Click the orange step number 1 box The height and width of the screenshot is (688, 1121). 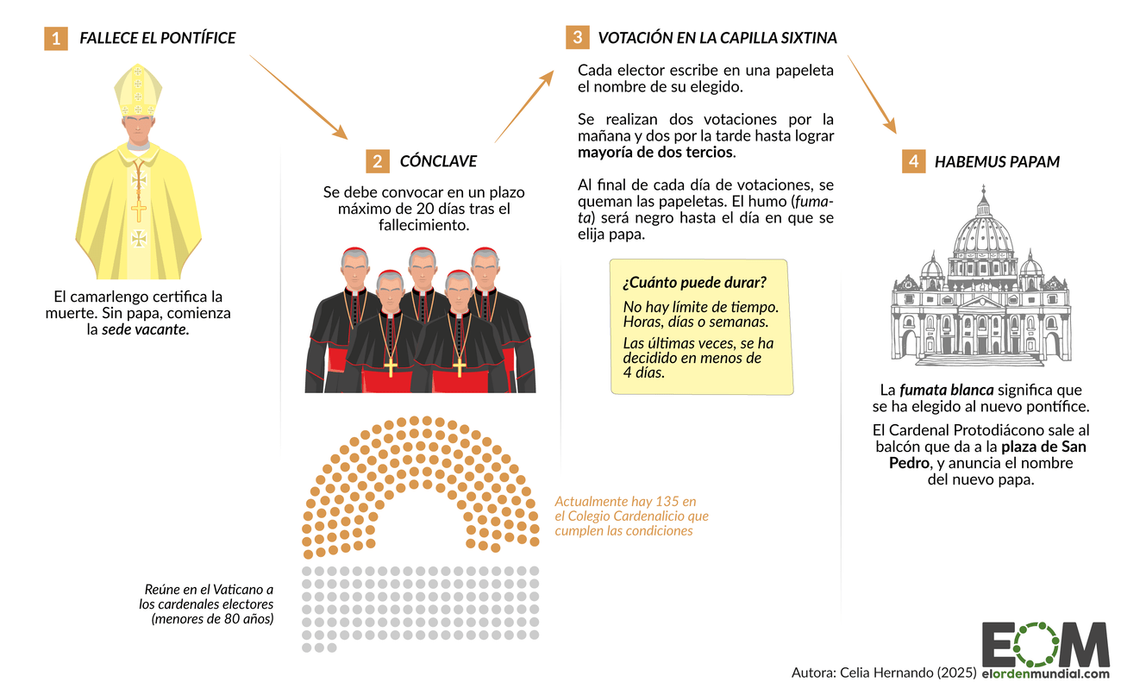click(56, 39)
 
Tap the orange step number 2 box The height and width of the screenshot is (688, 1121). click(377, 161)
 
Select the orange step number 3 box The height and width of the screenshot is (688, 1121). click(577, 37)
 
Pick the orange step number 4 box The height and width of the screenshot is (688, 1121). click(913, 161)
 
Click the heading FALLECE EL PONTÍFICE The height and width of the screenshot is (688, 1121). click(158, 39)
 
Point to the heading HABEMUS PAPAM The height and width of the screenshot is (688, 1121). click(997, 162)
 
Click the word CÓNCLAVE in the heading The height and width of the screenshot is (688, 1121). click(438, 162)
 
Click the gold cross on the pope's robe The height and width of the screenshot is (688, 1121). click(138, 210)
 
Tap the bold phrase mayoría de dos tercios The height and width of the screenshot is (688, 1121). click(655, 153)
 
